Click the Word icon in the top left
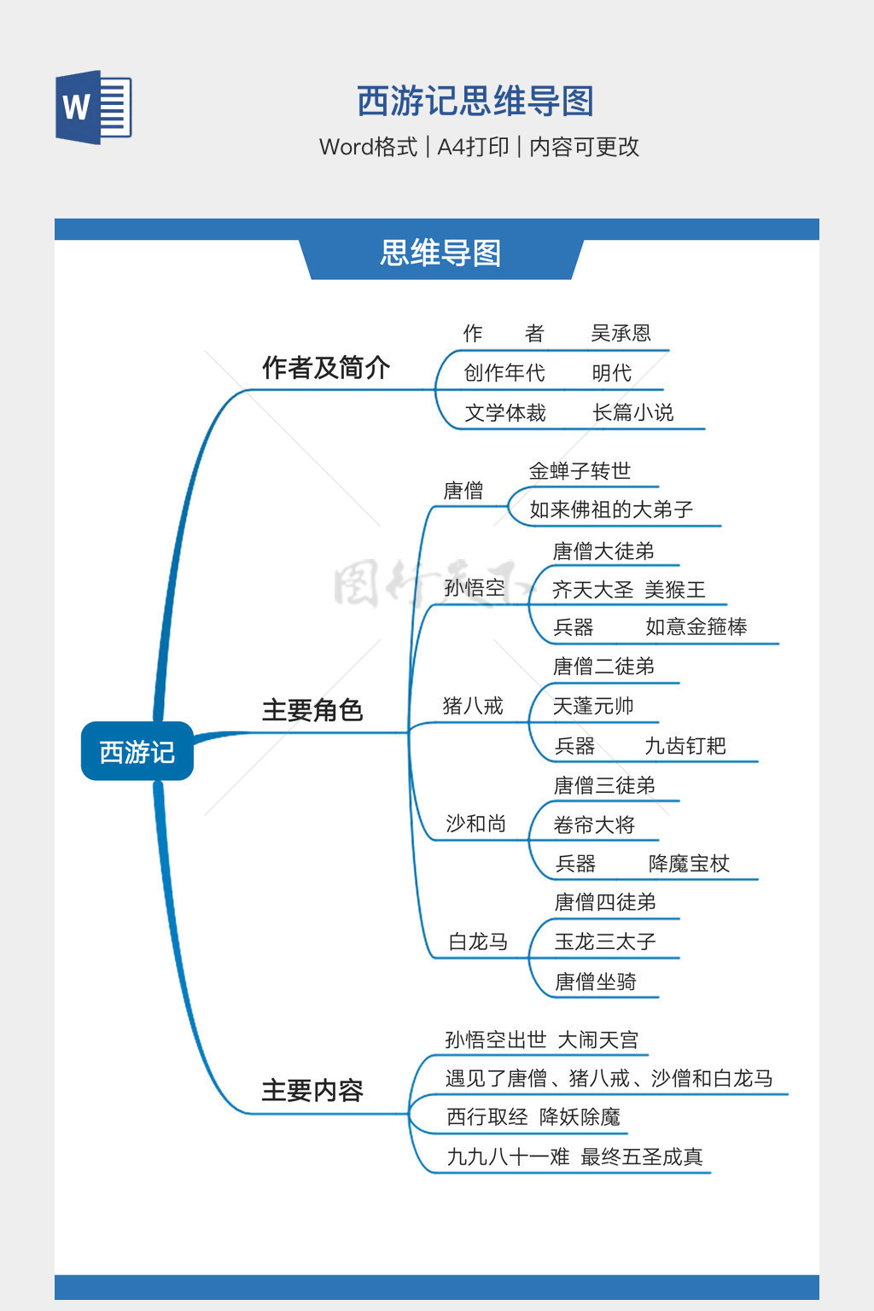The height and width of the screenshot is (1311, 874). [94, 107]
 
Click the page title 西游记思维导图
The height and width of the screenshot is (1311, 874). [475, 101]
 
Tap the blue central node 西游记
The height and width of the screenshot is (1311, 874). [137, 751]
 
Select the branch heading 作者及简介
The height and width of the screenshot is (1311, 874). [326, 368]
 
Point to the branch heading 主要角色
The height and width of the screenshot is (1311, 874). [312, 710]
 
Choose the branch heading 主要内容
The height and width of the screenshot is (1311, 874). [312, 1091]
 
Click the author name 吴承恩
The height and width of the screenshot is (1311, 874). [621, 333]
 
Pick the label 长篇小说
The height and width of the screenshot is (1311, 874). [632, 413]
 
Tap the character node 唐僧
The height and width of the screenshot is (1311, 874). [463, 491]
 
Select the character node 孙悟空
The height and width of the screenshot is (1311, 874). [475, 588]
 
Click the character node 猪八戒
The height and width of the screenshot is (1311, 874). [473, 706]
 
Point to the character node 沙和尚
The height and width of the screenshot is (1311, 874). [475, 824]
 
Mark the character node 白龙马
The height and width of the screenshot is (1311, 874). [478, 941]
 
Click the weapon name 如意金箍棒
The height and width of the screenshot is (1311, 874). [696, 627]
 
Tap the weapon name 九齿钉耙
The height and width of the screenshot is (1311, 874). [685, 746]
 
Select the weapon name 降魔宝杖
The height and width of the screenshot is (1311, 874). [689, 864]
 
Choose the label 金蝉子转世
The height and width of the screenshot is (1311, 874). [580, 471]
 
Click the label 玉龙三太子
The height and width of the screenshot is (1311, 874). [605, 941]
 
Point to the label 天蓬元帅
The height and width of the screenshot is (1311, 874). [593, 706]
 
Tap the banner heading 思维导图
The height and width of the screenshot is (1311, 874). [440, 253]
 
